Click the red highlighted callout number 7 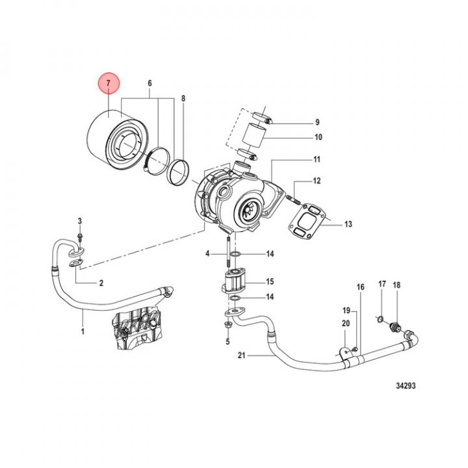[x=109, y=83]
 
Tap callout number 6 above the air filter [x=150, y=83]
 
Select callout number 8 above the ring [x=183, y=98]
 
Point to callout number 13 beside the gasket [x=348, y=224]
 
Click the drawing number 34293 [x=406, y=385]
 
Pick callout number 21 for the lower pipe [x=241, y=355]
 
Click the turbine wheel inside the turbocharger [x=248, y=211]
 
